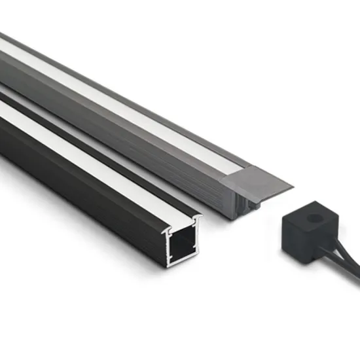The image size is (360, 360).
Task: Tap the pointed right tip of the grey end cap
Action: click(293, 184)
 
